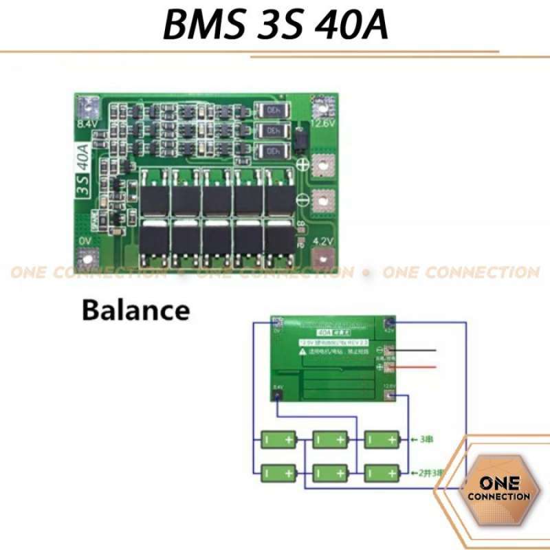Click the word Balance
click(135, 309)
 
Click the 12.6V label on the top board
click(320, 124)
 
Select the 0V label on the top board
click(85, 241)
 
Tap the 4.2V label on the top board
click(322, 241)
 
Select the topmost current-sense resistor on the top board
click(268, 111)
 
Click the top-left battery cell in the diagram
click(278, 438)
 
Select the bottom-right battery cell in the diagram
click(381, 472)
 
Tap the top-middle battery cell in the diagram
click(330, 438)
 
